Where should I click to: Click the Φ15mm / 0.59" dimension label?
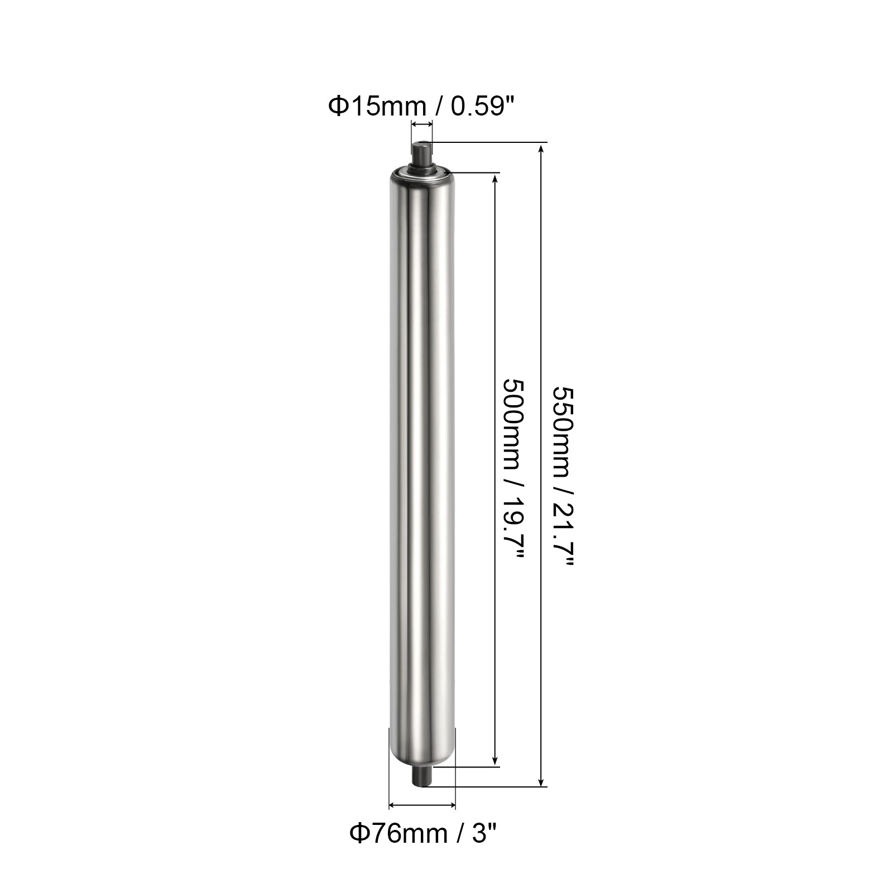[421, 105]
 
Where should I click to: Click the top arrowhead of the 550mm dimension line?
[540, 150]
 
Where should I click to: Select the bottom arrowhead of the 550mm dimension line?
[540, 781]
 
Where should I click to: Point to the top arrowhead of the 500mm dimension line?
[494, 180]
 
